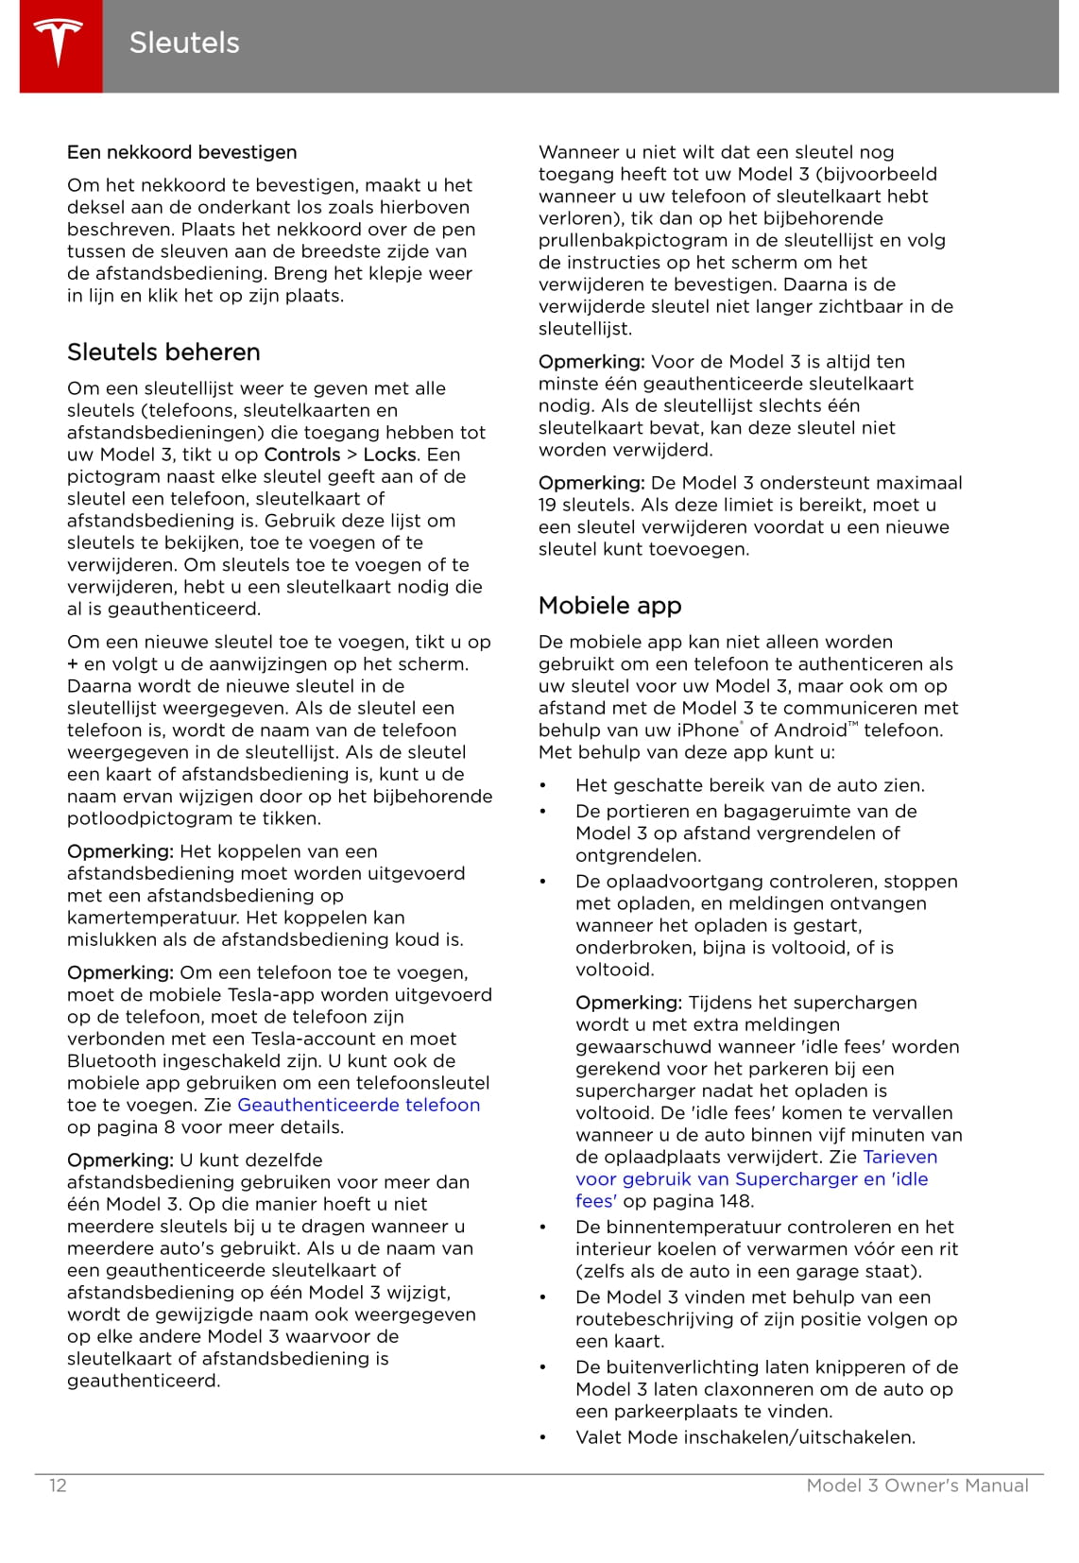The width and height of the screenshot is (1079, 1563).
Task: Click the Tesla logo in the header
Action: (x=60, y=44)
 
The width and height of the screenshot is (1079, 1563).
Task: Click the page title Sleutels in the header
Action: (x=184, y=43)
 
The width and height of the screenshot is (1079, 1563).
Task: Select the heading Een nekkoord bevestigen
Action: (x=181, y=152)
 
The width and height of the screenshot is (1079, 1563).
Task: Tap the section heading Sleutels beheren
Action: (x=163, y=352)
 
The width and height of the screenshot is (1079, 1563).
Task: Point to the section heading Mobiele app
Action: (x=609, y=606)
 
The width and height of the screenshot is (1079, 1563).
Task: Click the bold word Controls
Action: (x=301, y=455)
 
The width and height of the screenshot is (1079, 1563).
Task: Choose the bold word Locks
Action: (x=389, y=455)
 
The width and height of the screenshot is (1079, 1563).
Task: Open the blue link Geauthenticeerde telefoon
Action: (x=358, y=1105)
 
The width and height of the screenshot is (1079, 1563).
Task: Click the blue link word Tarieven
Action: (x=899, y=1157)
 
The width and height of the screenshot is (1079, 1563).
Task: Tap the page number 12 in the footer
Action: (x=58, y=1486)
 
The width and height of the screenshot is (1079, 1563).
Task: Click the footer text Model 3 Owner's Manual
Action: (x=916, y=1486)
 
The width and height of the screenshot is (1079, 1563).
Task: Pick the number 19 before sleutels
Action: (x=549, y=505)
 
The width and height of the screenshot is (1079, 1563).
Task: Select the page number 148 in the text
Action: (x=735, y=1201)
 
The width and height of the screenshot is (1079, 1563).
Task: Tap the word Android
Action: (x=810, y=730)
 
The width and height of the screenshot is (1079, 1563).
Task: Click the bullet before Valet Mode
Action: (x=543, y=1438)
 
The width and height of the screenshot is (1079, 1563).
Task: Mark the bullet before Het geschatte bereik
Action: (x=543, y=786)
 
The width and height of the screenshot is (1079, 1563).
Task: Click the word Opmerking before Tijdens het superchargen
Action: (x=628, y=1003)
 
